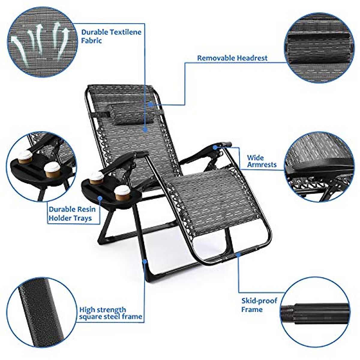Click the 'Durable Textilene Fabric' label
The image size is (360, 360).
[111, 36]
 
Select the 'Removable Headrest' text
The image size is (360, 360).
[232, 58]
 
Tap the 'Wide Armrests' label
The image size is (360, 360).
[262, 161]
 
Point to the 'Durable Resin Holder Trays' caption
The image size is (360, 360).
[72, 214]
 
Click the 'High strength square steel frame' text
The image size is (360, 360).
[110, 313]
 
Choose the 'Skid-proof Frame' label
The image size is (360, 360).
[259, 305]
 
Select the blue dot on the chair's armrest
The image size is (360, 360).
[215, 147]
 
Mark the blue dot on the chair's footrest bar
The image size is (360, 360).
[238, 255]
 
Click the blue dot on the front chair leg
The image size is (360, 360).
[145, 261]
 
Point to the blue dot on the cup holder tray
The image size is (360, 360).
[100, 198]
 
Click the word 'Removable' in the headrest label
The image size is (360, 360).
[216, 58]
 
